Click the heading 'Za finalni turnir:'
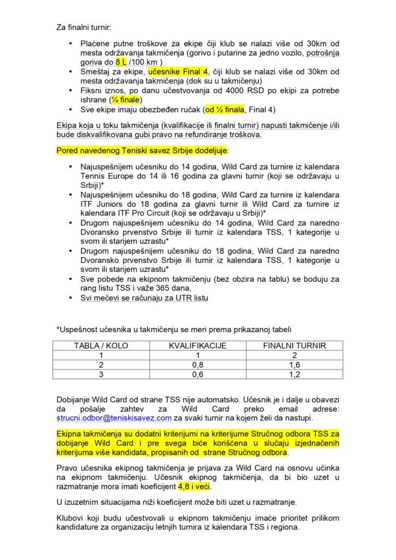click(x=86, y=26)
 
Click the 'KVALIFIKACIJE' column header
click(x=197, y=346)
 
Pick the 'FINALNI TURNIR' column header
click(x=295, y=346)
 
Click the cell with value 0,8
click(x=197, y=364)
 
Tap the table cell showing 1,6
click(x=295, y=364)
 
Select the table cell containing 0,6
click(x=197, y=374)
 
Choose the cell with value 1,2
click(x=295, y=374)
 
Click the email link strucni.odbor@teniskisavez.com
click(x=114, y=418)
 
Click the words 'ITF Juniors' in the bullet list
click(x=101, y=204)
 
